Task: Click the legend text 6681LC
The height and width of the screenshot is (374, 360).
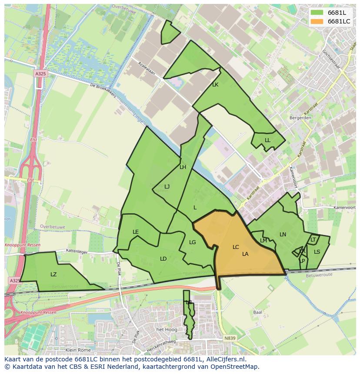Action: click(339, 21)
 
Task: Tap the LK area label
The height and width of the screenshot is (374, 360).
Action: click(215, 85)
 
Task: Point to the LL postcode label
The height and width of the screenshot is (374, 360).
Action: click(267, 140)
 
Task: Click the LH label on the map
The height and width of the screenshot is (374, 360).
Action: click(183, 167)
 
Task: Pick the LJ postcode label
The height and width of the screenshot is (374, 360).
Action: click(167, 187)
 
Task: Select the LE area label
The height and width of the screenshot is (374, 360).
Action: click(136, 232)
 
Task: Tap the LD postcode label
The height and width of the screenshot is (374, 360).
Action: click(163, 259)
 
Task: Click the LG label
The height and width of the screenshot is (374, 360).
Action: click(193, 242)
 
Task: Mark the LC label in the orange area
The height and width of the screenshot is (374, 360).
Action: click(236, 247)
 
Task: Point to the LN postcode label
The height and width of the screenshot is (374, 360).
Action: click(283, 235)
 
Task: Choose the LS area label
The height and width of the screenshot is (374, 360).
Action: click(317, 252)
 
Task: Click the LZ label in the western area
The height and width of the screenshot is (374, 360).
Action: click(53, 275)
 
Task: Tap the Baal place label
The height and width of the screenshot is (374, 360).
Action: click(257, 312)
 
